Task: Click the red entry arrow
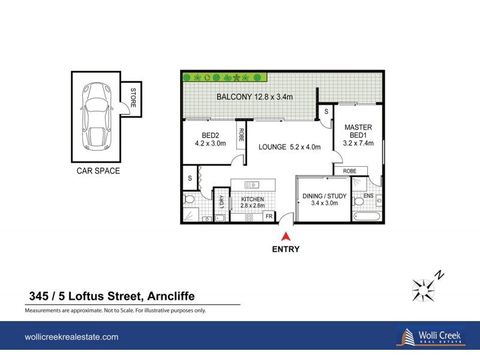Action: coord(287,236)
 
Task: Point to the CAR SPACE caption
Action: coord(98,171)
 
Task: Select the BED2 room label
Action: coord(210,139)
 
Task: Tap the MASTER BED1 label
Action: coord(358,135)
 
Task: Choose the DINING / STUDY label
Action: coord(325,199)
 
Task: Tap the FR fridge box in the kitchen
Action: coord(269,216)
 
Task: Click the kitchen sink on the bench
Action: coord(252,184)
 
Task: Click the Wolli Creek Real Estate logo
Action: coord(430,337)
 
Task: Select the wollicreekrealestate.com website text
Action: coord(71,337)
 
